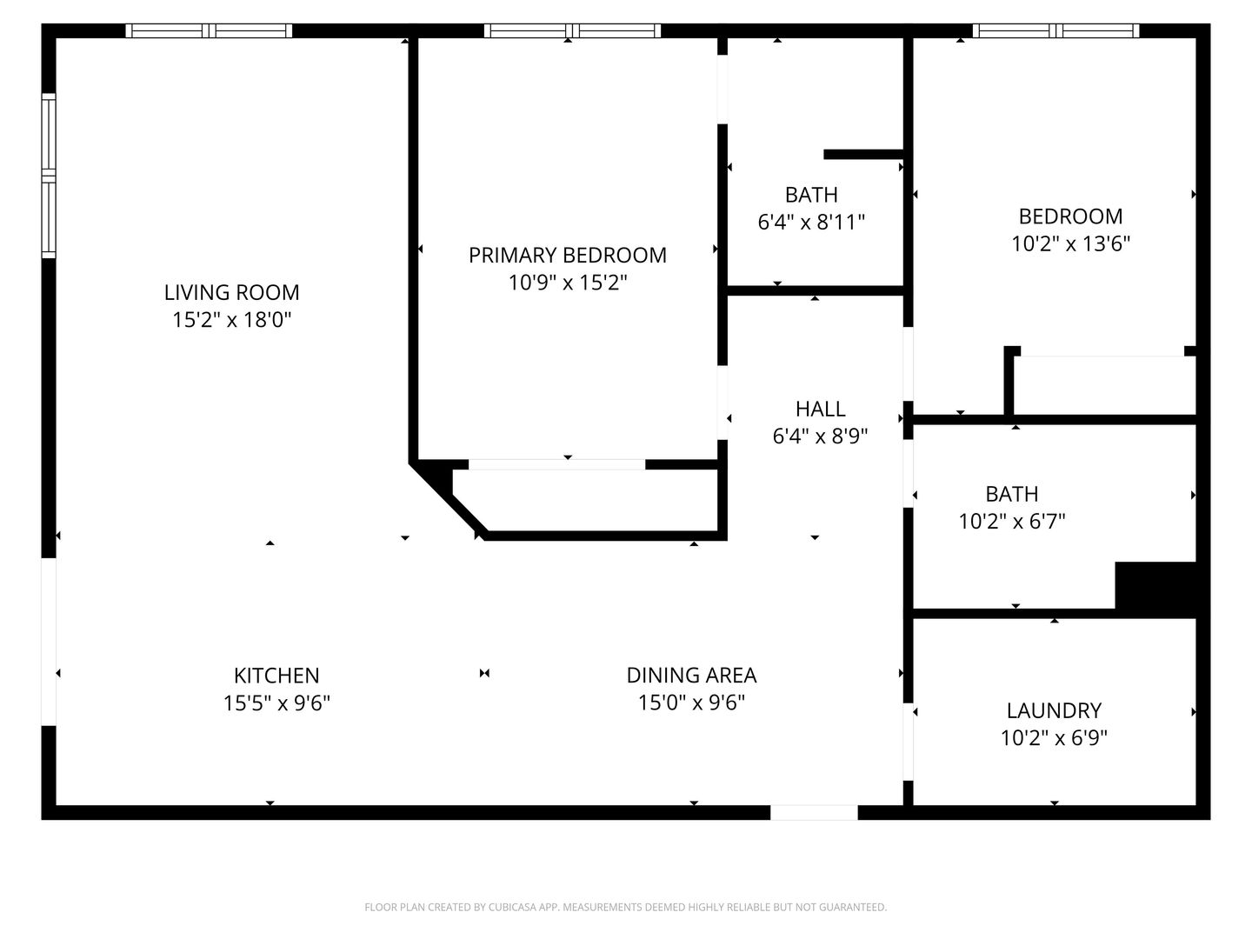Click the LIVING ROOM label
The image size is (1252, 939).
[x=231, y=292]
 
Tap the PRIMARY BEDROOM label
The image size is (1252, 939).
[x=568, y=255]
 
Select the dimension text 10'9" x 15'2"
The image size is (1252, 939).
[x=568, y=283]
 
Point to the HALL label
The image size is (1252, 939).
[x=820, y=409]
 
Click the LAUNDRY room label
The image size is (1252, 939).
[x=1054, y=710]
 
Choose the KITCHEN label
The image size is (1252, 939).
[x=276, y=676]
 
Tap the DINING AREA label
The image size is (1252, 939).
[x=691, y=675]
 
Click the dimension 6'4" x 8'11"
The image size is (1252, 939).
[x=811, y=222]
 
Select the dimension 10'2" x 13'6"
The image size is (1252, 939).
[x=1070, y=243]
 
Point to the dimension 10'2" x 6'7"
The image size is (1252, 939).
[x=1012, y=521]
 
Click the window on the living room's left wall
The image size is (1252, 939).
[x=49, y=176]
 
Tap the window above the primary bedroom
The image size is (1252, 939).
[x=573, y=30]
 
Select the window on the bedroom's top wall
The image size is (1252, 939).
[x=1056, y=30]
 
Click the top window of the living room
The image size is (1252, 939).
[x=209, y=30]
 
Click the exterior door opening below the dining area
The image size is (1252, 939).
[x=814, y=812]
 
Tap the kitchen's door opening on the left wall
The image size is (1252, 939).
[x=49, y=642]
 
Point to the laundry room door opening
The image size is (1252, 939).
[x=908, y=742]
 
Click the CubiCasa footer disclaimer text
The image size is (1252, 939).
[x=626, y=907]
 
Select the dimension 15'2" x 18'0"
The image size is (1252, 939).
[x=231, y=320]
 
